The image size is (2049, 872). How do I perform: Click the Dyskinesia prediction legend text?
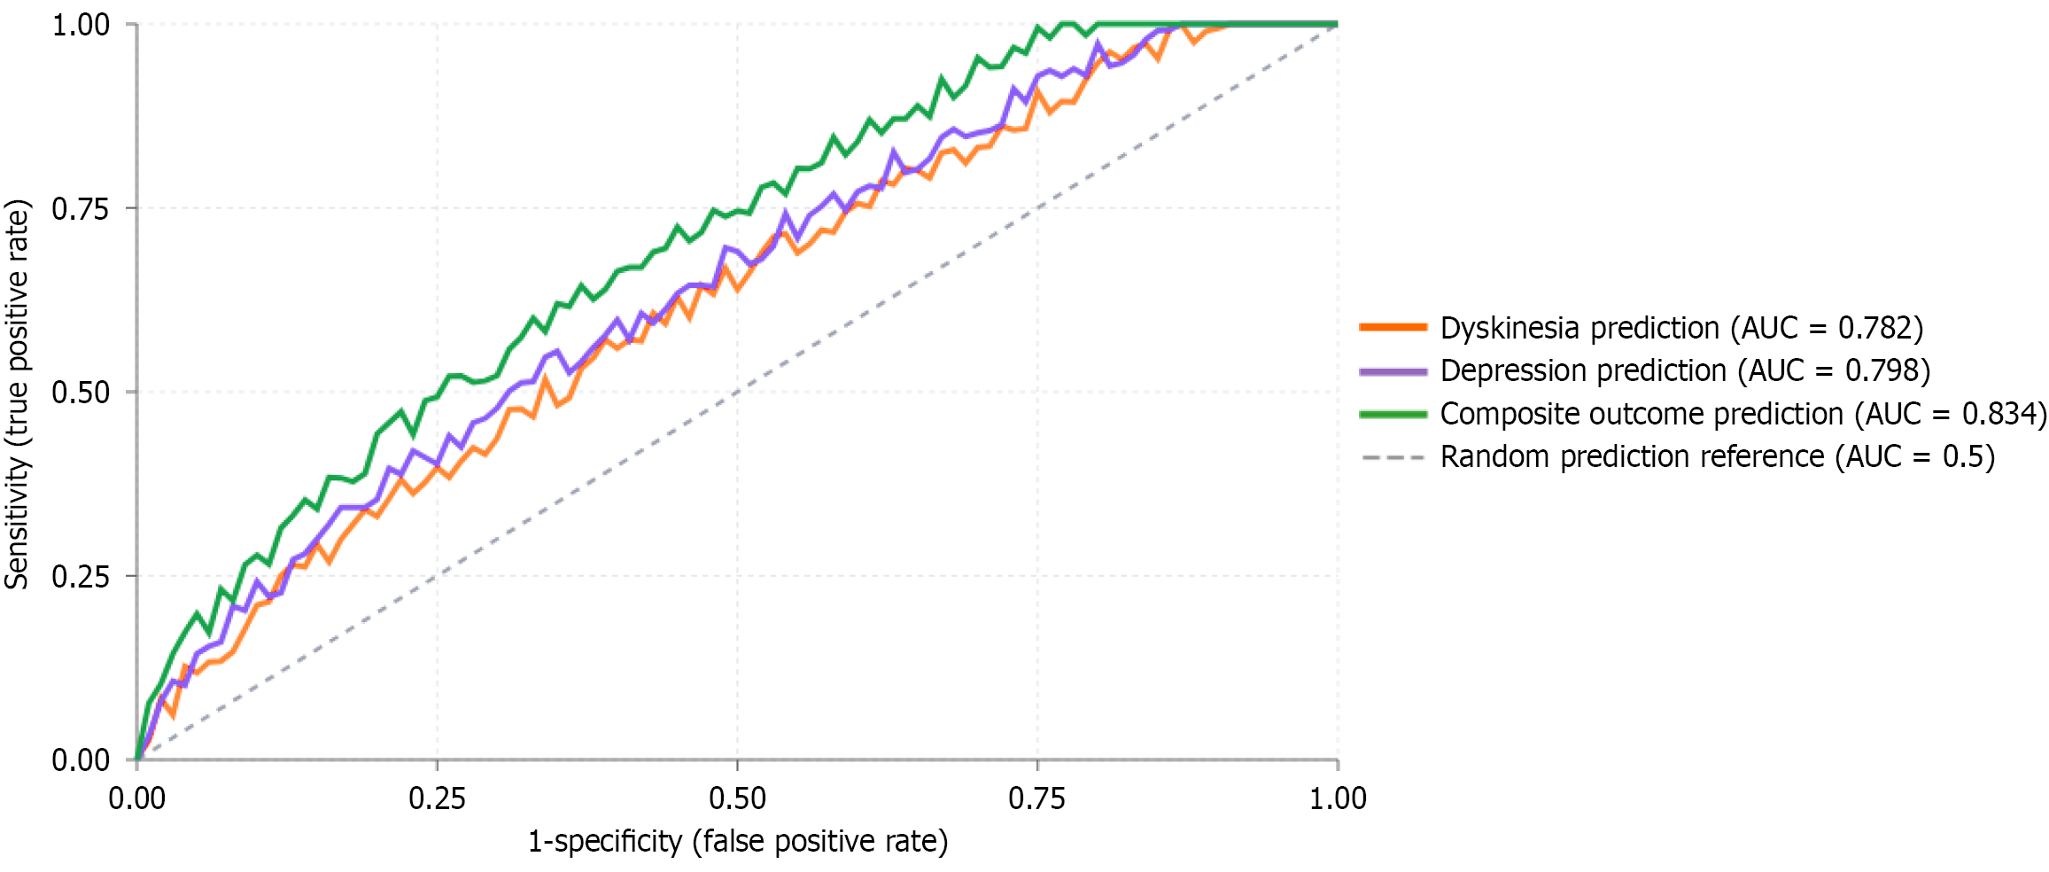click(1680, 328)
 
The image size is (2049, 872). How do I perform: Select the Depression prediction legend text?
click(1684, 370)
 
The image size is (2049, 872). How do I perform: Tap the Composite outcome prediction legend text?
click(1742, 414)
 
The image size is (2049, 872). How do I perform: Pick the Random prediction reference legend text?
click(1717, 456)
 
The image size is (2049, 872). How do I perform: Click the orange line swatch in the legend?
click(1393, 327)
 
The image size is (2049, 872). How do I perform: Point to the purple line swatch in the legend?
click(1393, 371)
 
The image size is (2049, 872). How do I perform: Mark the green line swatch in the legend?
click(1393, 414)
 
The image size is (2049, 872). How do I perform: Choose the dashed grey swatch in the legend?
click(1393, 457)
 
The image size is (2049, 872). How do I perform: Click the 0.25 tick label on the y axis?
click(81, 577)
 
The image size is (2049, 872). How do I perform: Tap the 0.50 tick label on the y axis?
click(81, 393)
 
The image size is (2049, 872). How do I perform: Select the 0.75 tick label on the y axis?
click(81, 209)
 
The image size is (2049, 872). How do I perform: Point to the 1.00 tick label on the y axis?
click(81, 25)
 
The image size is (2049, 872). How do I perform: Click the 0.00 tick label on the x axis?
click(137, 798)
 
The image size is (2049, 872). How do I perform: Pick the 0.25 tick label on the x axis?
click(437, 798)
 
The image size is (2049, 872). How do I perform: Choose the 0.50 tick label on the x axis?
click(737, 798)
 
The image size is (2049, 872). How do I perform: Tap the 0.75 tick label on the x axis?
click(1036, 798)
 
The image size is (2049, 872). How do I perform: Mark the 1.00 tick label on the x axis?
click(1338, 798)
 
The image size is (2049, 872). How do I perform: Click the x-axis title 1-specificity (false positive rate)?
click(737, 841)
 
